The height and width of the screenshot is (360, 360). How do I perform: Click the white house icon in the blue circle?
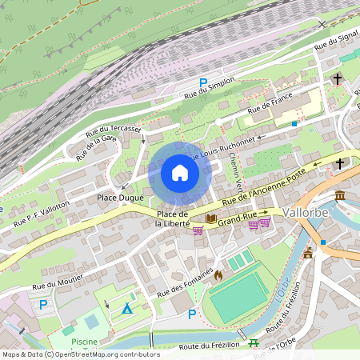179,173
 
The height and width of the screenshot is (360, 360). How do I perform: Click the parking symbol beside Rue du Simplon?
203,83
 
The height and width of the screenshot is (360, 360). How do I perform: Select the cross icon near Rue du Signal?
337,79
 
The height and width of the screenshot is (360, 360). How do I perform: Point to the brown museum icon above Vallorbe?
340,196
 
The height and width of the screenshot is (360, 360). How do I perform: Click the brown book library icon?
210,218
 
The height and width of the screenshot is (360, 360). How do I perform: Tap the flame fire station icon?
218,274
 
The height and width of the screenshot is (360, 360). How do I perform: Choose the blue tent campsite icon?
126,308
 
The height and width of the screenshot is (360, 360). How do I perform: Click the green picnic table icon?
254,343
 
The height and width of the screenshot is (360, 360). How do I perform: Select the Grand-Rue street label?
237,218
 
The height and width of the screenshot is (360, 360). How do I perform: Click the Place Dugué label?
120,198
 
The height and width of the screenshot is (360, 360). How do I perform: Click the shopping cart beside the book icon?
198,230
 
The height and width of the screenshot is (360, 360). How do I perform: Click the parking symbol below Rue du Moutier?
43,304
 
